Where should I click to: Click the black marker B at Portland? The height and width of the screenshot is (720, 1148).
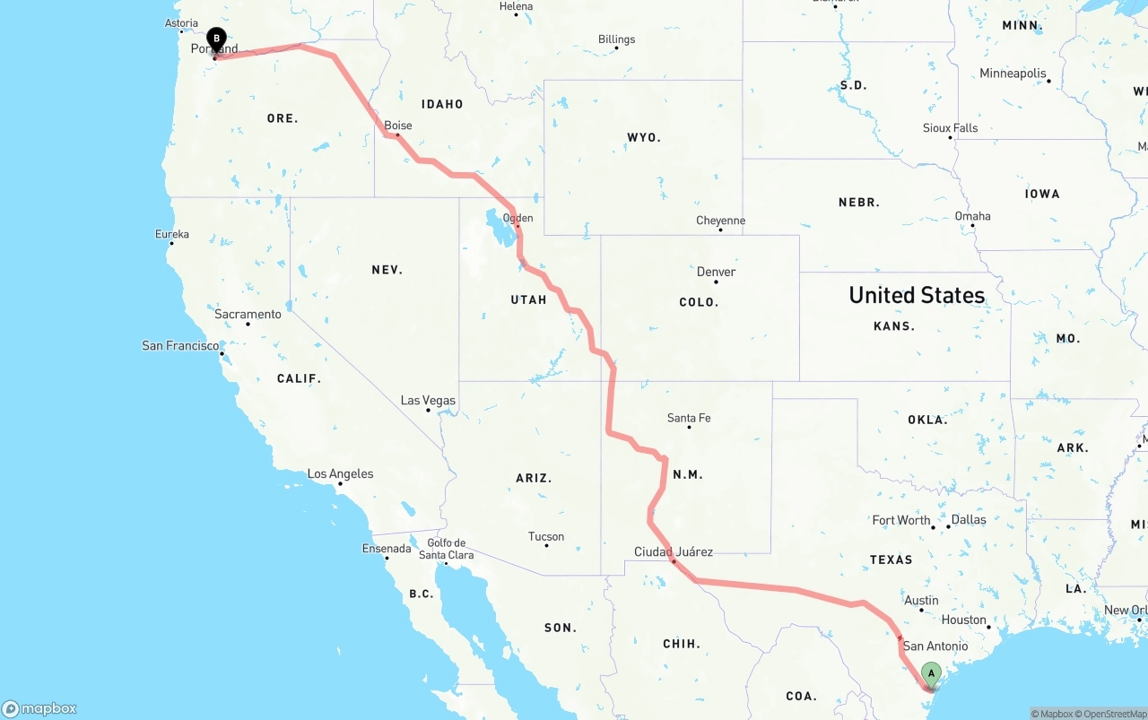[216, 39]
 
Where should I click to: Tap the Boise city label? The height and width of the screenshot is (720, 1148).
[397, 126]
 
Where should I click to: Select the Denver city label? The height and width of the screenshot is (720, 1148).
[716, 272]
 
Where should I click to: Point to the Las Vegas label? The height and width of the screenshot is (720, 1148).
[428, 401]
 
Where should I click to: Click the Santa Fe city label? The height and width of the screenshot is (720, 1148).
[689, 418]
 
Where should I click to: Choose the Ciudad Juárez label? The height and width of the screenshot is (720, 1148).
[673, 551]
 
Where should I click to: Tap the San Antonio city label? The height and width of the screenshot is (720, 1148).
[935, 646]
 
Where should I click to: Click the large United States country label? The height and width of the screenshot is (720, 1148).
[917, 295]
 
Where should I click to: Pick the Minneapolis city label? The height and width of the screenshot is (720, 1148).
[1013, 74]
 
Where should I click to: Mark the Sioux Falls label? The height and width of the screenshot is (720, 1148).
[950, 128]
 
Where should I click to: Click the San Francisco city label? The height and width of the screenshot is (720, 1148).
[180, 345]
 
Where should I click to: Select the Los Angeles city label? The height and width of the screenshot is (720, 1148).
[340, 473]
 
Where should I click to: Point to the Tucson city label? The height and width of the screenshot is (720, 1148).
[546, 536]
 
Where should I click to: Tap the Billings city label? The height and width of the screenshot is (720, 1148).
[616, 39]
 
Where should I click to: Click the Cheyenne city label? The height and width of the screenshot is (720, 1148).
[720, 221]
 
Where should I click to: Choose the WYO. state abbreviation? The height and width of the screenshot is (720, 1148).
[643, 138]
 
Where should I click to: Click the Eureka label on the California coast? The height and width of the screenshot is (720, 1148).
[171, 234]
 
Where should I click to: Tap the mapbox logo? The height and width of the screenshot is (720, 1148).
[39, 708]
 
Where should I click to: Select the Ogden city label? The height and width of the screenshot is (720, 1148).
[517, 218]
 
